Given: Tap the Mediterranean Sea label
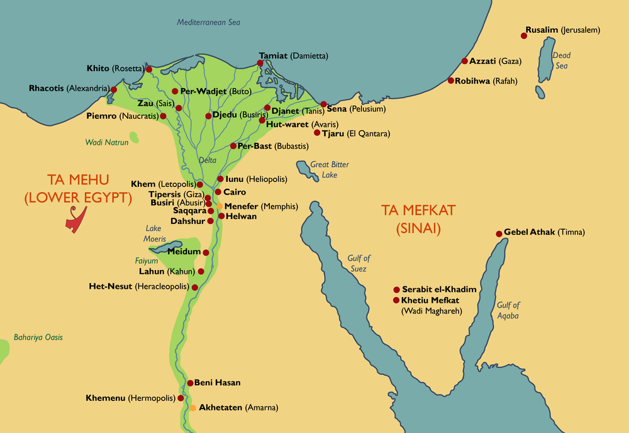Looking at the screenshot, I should click(x=208, y=23).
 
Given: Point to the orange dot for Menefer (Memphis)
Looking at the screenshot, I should click(x=219, y=206).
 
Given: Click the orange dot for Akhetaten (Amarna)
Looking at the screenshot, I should click(x=192, y=408).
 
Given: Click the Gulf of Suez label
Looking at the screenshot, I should click(x=359, y=263).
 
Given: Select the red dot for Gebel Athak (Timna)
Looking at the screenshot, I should click(x=499, y=233).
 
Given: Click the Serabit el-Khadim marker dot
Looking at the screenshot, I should click(x=396, y=290).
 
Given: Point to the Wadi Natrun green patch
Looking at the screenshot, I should click(x=134, y=137).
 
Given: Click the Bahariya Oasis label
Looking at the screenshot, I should click(x=38, y=337).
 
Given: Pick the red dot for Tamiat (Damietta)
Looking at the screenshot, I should click(x=260, y=63).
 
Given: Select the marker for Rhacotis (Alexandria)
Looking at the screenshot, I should click(x=114, y=89).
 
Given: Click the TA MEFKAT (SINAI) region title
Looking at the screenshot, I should click(x=418, y=219).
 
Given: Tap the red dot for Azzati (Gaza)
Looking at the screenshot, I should click(x=464, y=61).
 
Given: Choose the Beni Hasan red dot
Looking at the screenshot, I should click(x=189, y=383).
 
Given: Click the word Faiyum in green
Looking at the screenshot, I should click(x=147, y=261).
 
